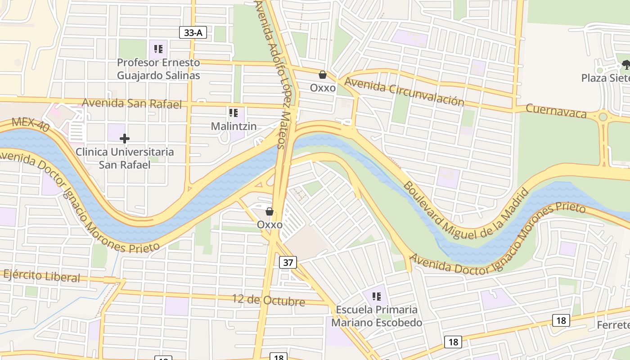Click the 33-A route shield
click(x=193, y=32)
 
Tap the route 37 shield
click(x=288, y=262)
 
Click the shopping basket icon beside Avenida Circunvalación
click(x=323, y=75)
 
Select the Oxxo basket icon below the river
click(x=270, y=211)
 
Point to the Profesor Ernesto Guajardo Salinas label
click(x=158, y=69)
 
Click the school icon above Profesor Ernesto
click(x=158, y=49)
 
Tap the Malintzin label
click(x=234, y=126)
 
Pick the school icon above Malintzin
click(x=234, y=112)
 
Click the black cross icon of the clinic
click(x=125, y=139)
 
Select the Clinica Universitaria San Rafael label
click(x=125, y=158)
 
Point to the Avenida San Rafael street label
click(x=132, y=103)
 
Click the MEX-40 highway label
click(x=31, y=124)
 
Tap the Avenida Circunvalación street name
click(x=404, y=92)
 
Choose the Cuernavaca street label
click(x=556, y=111)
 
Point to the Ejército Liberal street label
click(x=42, y=275)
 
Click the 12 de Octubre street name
click(x=269, y=300)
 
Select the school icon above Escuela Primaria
click(x=377, y=297)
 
